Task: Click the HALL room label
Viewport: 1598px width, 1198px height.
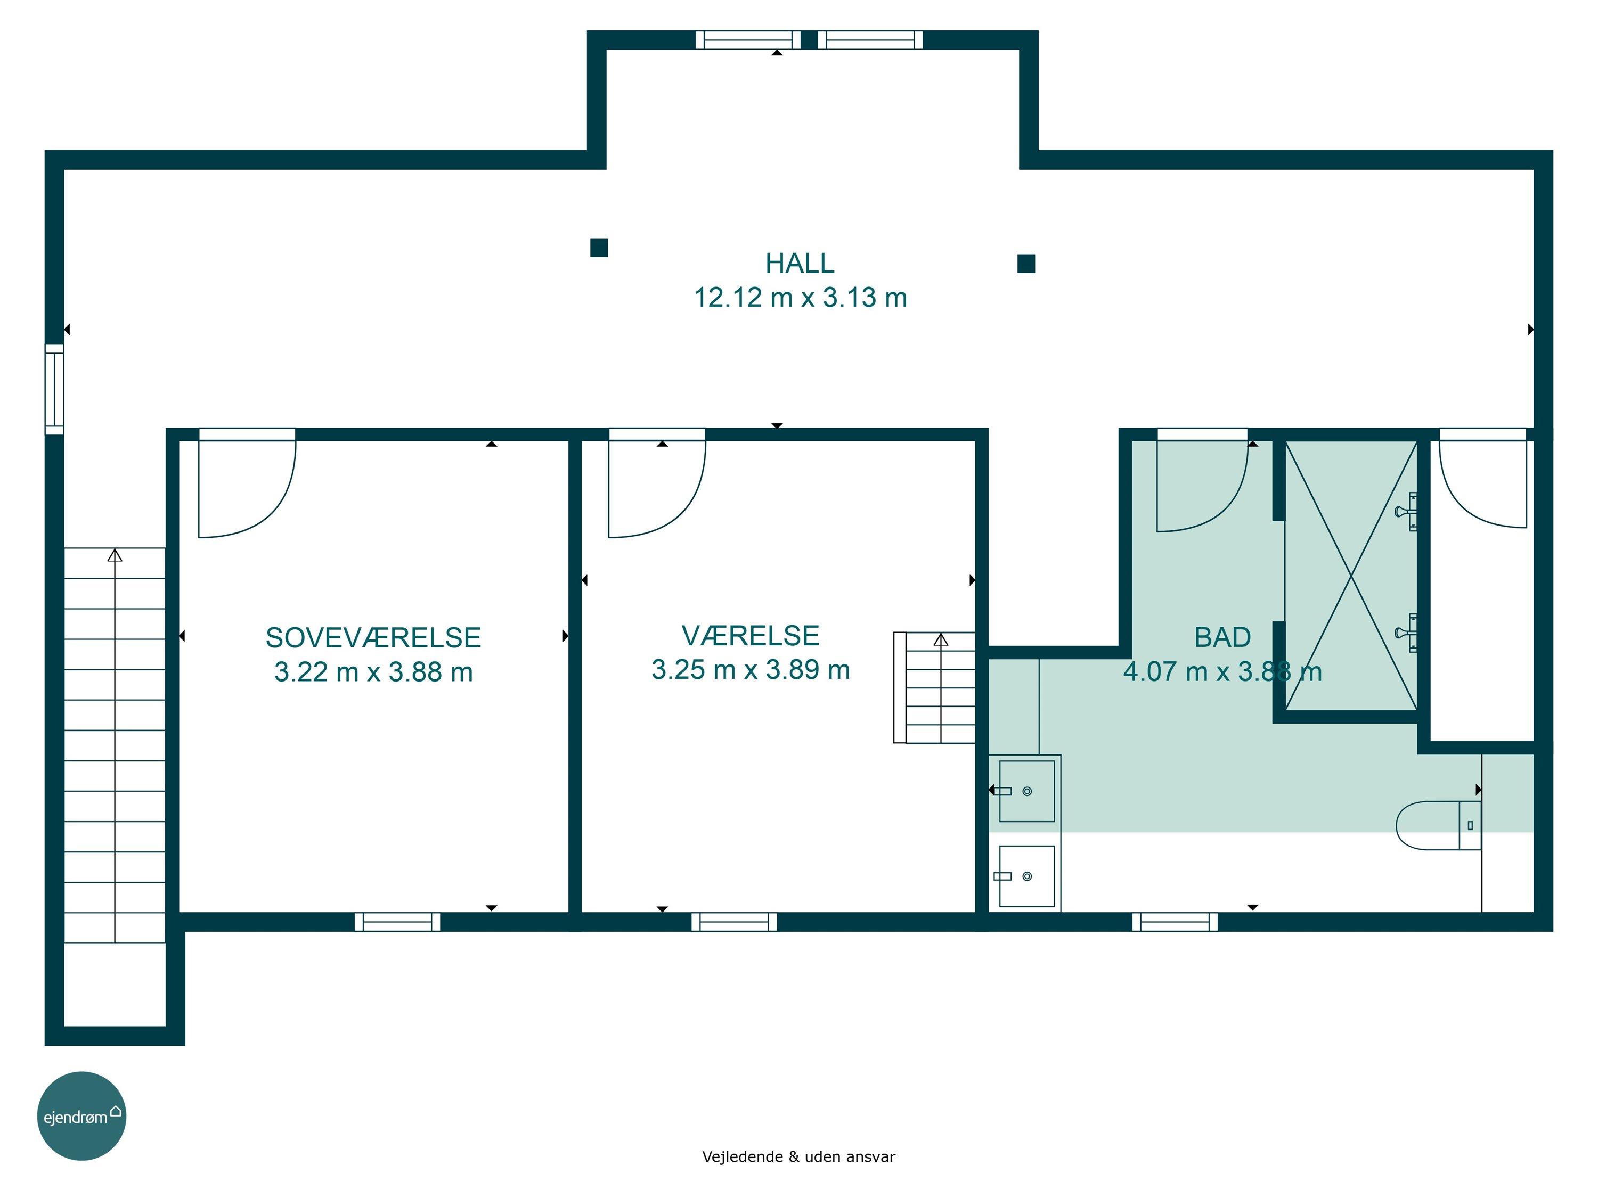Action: (x=800, y=264)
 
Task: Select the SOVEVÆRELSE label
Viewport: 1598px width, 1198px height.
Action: (x=373, y=638)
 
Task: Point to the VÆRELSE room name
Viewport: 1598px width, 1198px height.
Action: (x=751, y=635)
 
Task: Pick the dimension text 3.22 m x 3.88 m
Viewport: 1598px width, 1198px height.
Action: (x=373, y=672)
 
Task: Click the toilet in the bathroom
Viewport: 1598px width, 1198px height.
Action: (x=1438, y=825)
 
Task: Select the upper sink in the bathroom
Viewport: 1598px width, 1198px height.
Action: (x=1026, y=791)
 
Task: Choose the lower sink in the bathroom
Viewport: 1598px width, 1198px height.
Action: (x=1026, y=876)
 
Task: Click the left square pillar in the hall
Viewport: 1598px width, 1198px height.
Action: (x=599, y=248)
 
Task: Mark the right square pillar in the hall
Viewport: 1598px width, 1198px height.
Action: (x=1026, y=264)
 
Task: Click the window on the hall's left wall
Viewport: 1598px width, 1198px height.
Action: (x=54, y=389)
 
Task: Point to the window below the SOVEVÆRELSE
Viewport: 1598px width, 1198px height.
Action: (x=397, y=922)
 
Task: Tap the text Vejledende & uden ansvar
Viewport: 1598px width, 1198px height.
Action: (x=798, y=1157)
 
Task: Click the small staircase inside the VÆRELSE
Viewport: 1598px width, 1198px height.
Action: (x=935, y=687)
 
